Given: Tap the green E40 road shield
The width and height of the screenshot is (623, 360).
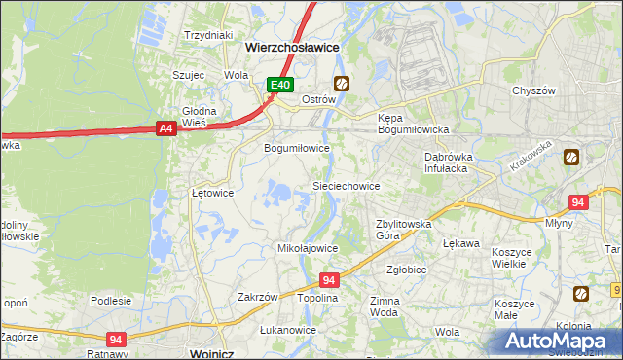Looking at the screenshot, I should [x=280, y=85].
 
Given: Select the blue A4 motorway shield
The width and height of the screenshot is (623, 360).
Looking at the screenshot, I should [x=164, y=127].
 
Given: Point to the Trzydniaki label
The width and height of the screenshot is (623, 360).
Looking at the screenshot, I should [x=207, y=35].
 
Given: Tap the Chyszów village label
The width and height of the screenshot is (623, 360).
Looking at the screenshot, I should [x=533, y=90].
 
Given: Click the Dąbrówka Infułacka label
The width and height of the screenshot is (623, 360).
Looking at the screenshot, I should [x=447, y=162].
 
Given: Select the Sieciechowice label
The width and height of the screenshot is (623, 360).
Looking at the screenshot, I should [x=345, y=185].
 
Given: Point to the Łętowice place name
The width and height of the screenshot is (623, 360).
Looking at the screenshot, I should [x=212, y=193].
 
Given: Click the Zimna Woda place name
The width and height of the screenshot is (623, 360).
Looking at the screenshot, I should [x=385, y=307].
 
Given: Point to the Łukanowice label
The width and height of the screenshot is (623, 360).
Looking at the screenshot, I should [x=288, y=330].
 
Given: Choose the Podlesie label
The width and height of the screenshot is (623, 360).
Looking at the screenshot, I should [x=111, y=301].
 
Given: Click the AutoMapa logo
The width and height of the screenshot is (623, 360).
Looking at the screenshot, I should [x=560, y=340].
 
